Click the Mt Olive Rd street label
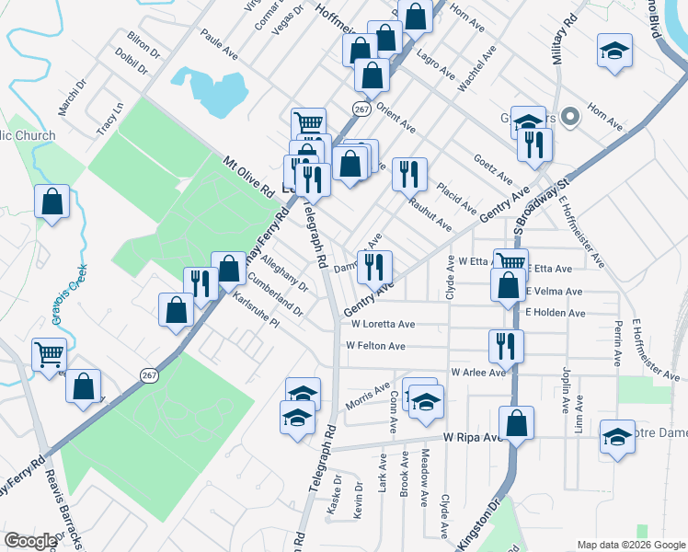249,178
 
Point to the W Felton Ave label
375,346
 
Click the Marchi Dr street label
72,97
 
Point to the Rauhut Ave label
430,215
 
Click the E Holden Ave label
556,313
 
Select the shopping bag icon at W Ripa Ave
517,423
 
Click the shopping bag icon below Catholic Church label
52,201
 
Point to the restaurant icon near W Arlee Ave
506,345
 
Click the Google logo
30,541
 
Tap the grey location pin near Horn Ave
569,116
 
